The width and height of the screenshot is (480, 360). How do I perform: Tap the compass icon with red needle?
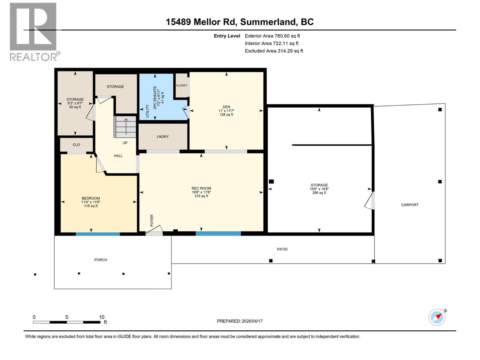437,317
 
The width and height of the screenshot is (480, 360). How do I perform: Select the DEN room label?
226,107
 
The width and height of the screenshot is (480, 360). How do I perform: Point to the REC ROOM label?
201,188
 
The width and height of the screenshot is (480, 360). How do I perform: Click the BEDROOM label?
91,198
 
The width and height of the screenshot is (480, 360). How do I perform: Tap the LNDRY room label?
163,136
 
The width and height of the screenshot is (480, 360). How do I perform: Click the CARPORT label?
410,205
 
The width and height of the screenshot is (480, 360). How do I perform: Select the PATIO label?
282,249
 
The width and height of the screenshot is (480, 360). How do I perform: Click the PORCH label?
100,260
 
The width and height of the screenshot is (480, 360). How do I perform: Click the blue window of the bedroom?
98,234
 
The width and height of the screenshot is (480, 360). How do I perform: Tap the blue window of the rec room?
218,233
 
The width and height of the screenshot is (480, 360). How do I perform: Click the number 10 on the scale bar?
102,317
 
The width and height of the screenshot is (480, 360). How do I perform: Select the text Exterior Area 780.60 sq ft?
272,36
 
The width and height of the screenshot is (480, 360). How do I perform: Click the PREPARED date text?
240,321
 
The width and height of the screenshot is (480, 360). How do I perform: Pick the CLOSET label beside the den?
181,85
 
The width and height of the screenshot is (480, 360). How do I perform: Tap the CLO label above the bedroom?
76,145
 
